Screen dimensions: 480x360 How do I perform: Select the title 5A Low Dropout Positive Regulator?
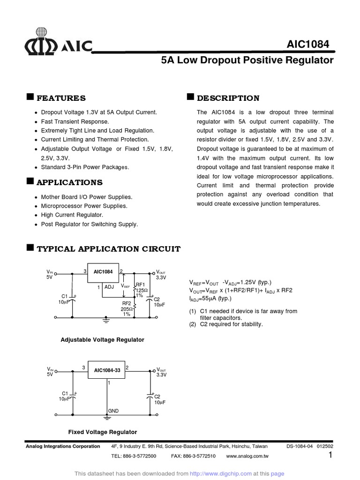coord(247,60)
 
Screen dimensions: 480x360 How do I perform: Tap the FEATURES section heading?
coord(61,98)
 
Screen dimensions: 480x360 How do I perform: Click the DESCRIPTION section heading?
coord(228,98)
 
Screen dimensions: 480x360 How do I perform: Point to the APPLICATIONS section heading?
coord(69,182)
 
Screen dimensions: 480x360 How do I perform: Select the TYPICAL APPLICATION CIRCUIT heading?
coord(108,249)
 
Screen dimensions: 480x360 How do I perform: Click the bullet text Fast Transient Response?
coord(75,121)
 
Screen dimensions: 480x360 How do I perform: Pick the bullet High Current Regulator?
coord(72,215)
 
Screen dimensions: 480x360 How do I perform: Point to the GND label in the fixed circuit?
coord(113,411)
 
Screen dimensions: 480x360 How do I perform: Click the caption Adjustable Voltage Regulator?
coord(102,339)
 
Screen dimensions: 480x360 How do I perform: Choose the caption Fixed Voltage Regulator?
coord(103,432)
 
